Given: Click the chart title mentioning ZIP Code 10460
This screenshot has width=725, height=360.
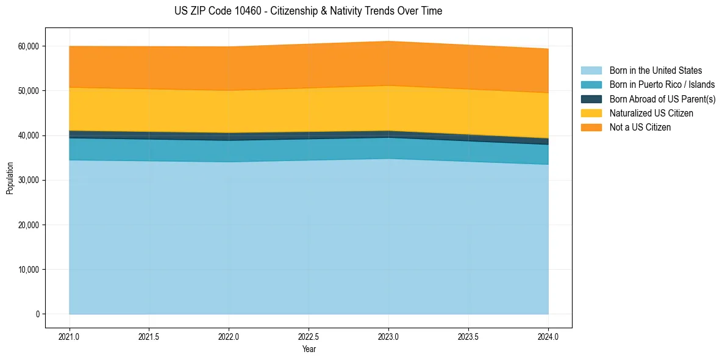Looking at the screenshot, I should click(308, 11).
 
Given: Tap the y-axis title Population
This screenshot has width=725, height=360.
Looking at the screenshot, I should click(10, 178).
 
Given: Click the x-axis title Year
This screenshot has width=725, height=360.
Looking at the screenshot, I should click(309, 350).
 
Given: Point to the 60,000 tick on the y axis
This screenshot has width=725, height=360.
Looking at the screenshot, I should click(28, 46).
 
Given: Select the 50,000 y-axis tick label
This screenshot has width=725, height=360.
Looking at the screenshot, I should click(28, 91).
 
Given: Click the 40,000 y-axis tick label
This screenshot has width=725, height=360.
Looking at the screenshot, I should click(28, 135).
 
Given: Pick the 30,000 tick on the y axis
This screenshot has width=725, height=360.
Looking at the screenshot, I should click(28, 180).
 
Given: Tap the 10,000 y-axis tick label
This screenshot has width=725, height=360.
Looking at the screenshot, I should click(28, 270).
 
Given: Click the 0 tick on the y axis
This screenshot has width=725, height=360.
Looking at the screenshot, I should click(37, 314).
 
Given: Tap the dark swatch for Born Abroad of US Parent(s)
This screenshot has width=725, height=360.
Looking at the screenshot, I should click(591, 99).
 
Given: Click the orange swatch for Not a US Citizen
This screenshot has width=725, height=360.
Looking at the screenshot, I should click(591, 128).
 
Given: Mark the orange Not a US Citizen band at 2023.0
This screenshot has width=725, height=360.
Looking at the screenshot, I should click(388, 63).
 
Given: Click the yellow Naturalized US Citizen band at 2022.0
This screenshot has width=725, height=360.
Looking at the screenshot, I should click(229, 112).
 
